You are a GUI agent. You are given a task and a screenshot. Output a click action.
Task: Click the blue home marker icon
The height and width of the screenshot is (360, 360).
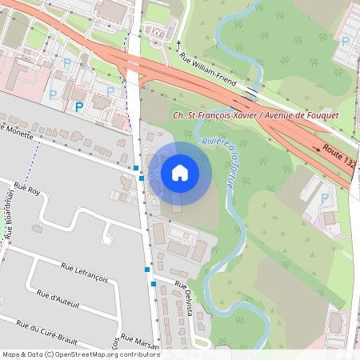[180, 172]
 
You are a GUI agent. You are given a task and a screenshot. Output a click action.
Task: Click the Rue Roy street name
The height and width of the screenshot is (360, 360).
[27, 190]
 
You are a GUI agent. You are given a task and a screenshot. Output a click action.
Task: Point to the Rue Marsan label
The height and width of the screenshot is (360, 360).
[140, 342]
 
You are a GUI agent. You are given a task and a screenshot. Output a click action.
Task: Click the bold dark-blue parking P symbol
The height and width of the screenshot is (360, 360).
[79, 106]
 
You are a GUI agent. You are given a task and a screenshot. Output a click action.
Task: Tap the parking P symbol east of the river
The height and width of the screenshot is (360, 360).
[324, 198]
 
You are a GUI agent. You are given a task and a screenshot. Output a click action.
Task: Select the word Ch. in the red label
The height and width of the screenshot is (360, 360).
[179, 115]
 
